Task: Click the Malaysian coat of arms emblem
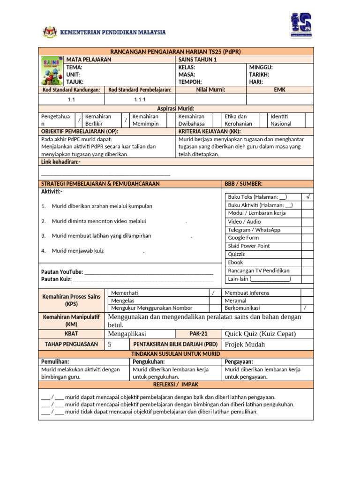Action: point(50,32)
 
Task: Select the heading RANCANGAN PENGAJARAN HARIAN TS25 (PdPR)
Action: point(175,52)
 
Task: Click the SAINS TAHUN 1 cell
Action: point(197,60)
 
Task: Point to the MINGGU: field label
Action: point(261,67)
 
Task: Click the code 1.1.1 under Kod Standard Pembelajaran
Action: point(140,99)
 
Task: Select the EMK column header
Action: point(279,90)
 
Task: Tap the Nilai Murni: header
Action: point(210,90)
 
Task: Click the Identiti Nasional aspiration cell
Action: point(281,120)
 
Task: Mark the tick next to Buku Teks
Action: point(307,197)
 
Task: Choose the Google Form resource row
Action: point(243,238)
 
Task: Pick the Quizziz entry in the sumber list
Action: point(236,254)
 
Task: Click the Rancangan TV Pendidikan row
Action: point(258,270)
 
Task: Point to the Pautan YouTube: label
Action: point(62,272)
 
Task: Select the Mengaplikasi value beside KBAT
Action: point(127,334)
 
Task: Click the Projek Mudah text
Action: point(245,345)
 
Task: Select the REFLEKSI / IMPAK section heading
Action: point(175,384)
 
